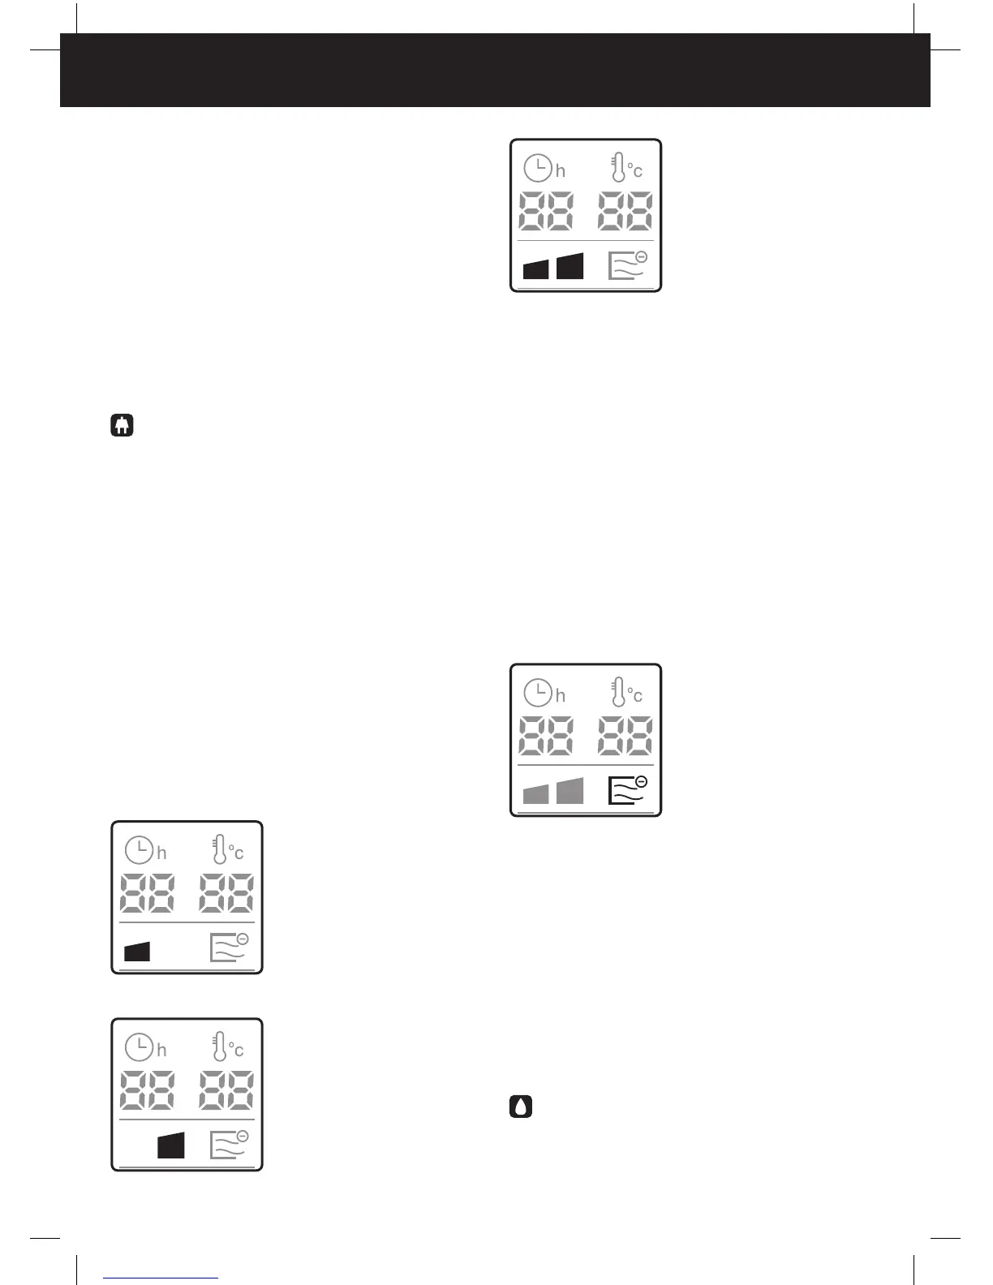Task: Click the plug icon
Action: [122, 426]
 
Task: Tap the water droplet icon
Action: [521, 1107]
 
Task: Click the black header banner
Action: [495, 70]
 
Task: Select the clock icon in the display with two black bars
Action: [538, 169]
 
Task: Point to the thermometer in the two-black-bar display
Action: [618, 168]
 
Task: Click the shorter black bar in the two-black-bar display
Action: [535, 269]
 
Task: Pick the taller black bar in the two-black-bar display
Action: [570, 265]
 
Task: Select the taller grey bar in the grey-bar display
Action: [570, 790]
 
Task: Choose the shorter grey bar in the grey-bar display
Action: [535, 793]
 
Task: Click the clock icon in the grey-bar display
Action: [538, 694]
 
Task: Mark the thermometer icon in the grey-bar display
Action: [618, 693]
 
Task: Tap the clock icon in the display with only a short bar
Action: [139, 850]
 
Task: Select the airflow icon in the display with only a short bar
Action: [229, 948]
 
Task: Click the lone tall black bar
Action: [170, 1145]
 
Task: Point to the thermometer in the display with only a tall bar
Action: [219, 1047]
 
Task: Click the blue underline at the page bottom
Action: [161, 1278]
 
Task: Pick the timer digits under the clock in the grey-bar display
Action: [546, 736]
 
